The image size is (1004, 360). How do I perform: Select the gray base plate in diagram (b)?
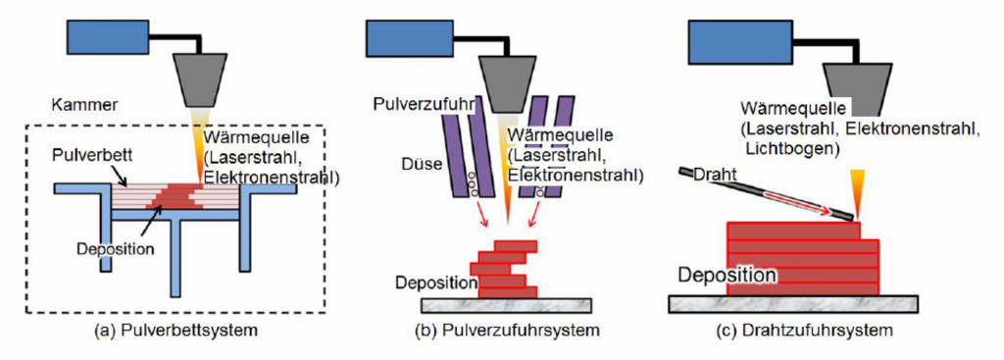tap(509, 306)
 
